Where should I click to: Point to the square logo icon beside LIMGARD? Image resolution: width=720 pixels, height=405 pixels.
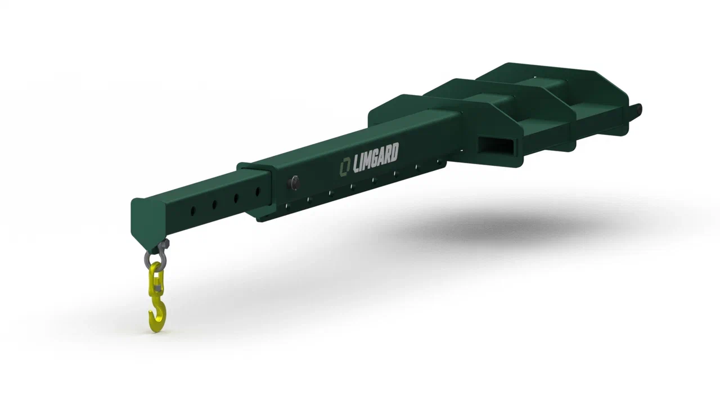click(x=345, y=167)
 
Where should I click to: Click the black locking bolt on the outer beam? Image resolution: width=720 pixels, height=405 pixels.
click(x=293, y=184)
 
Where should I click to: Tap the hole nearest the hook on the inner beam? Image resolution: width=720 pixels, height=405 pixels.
click(x=193, y=211)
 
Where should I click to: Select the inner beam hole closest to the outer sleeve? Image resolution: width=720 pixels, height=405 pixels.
click(x=258, y=192)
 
